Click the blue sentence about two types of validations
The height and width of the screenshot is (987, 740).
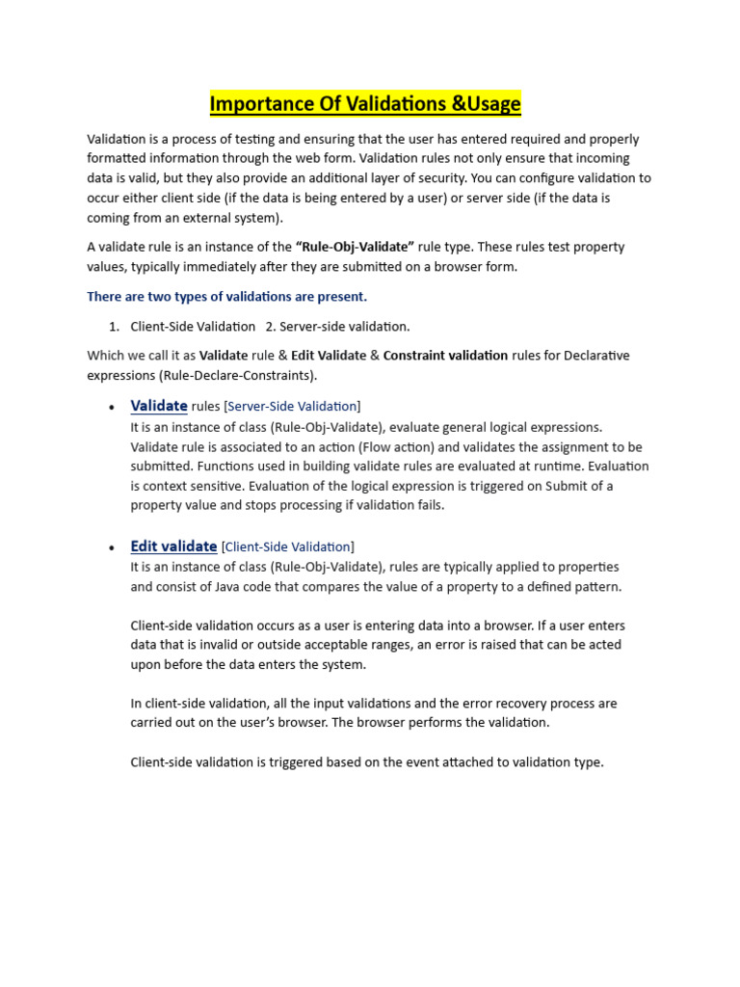pos(226,296)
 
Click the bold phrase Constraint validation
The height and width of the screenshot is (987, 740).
pos(445,355)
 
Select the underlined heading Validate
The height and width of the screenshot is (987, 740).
pos(159,406)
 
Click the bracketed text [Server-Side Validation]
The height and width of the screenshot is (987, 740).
pos(293,407)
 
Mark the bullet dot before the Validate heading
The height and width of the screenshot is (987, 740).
pos(112,408)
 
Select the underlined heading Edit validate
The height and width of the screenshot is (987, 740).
pos(173,547)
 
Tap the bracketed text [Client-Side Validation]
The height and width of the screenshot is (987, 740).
pos(287,547)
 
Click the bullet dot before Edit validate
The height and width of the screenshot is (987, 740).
pos(112,548)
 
